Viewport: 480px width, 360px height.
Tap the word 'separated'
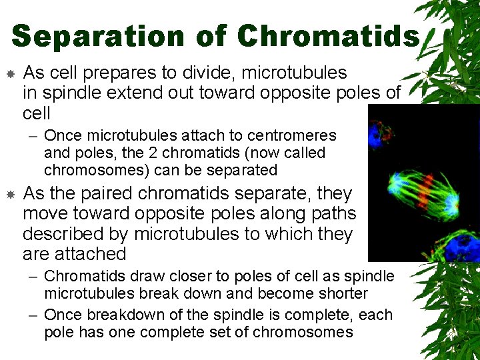pyautogui.click(x=241, y=170)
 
